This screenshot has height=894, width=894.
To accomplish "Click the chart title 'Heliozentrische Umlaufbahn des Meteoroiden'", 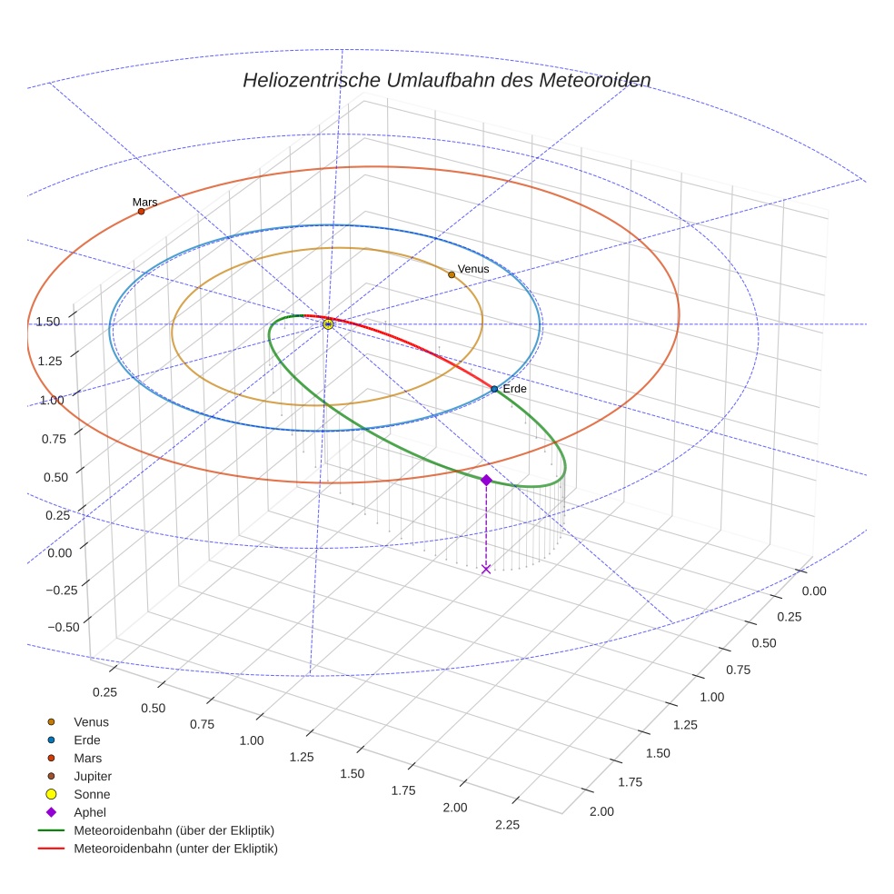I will pos(446,80).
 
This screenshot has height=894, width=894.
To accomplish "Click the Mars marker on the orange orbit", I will pos(141,212).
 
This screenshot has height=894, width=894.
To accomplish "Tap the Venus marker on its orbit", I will pos(452,274).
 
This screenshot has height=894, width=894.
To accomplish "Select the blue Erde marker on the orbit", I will pos(494,389).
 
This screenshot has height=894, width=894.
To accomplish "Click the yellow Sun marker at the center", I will pos(328,324).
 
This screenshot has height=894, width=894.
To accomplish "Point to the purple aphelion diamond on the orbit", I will pos(486,480).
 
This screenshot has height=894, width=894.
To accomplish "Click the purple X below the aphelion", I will pos(486,569).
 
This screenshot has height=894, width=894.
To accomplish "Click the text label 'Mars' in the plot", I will pos(144,202).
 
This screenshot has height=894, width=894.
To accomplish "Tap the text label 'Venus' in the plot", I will pos(473,269).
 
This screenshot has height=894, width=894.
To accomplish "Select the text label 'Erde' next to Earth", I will pos(514,388).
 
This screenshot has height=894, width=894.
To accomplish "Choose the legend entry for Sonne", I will pos(91,794).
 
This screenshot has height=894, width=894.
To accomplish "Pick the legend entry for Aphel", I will pos(89,812).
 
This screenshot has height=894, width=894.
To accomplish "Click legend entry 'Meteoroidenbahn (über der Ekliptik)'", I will pos(174,830).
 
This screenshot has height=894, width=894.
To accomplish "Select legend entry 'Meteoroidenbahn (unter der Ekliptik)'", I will pos(175,849).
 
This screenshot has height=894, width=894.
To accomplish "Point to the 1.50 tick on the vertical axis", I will pos(48,322).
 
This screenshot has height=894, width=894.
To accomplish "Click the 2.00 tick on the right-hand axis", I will pos(601,811).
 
